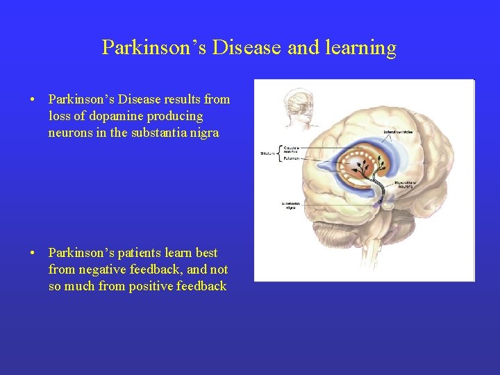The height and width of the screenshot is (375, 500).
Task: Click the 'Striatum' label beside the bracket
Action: click(267, 153)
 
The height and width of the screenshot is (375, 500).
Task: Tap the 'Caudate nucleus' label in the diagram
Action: click(291, 149)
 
